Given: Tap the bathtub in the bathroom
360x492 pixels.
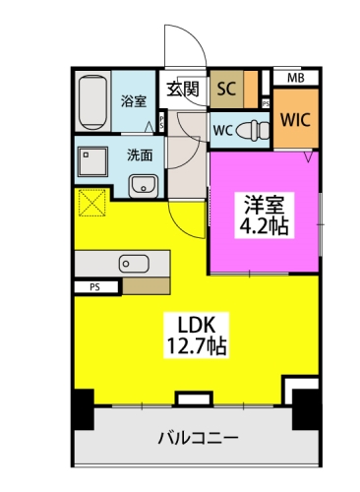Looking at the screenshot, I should [x=91, y=102].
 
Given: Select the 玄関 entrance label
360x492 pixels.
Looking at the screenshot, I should [x=183, y=89].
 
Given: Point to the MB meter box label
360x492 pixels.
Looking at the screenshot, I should [x=294, y=78].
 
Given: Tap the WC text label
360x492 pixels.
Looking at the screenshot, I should [x=222, y=129].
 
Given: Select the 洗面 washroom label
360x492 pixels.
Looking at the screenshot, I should [x=139, y=154].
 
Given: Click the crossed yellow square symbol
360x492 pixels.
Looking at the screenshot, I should [x=93, y=203].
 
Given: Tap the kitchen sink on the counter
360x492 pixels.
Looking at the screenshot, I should [x=132, y=263].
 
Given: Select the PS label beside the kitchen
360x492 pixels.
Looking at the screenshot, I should [x=94, y=287].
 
